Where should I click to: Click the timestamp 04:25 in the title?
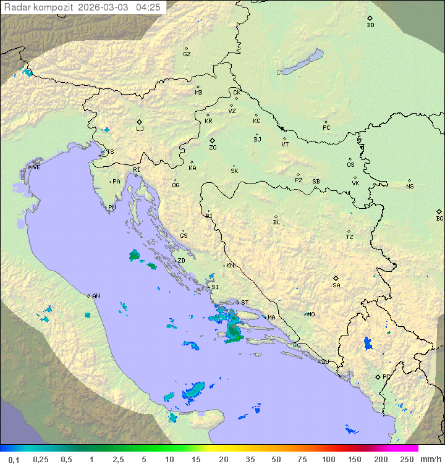click(148, 7)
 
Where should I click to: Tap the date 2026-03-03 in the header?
click(104, 7)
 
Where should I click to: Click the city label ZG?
click(213, 148)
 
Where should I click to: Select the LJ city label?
click(140, 129)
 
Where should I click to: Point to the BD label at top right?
click(370, 25)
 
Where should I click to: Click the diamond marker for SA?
click(336, 278)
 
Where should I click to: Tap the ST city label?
click(245, 303)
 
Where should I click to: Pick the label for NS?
click(410, 187)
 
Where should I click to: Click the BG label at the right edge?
click(439, 219)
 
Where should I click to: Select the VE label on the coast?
click(36, 167)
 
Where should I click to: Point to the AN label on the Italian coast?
click(96, 296)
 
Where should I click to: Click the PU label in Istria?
click(112, 208)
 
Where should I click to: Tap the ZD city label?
click(181, 261)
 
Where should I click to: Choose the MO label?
click(311, 314)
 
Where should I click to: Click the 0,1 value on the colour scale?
click(14, 459)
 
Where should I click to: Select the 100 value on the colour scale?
click(328, 459)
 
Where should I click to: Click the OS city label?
click(350, 165)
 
